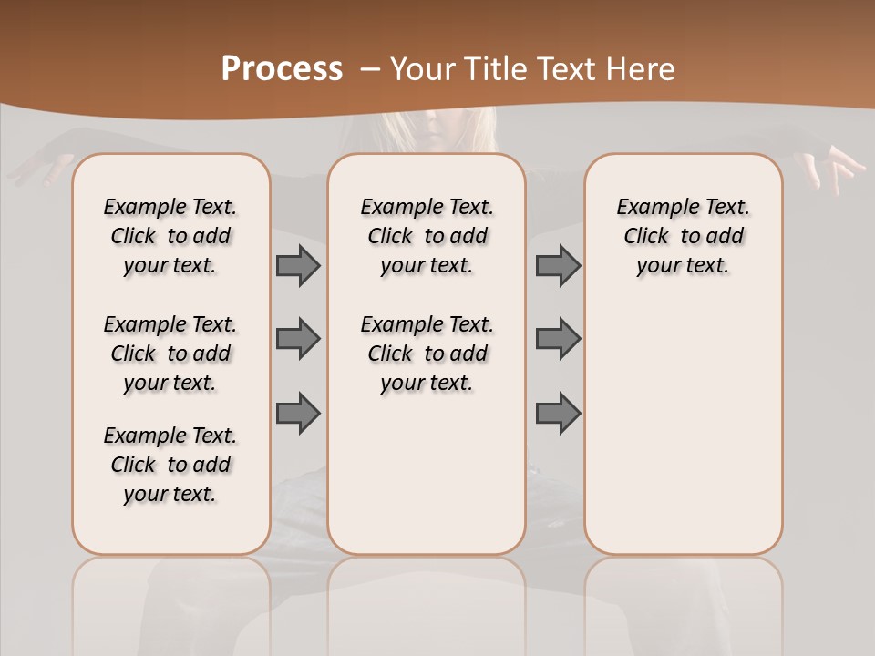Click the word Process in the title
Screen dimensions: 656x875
(282, 69)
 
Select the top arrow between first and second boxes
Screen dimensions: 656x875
(298, 265)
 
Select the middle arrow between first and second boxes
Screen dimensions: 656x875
(298, 339)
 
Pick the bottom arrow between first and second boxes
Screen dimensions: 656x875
(298, 413)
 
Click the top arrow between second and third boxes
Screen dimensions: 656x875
(558, 265)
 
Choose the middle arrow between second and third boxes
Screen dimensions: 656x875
(558, 339)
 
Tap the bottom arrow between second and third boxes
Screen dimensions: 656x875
(558, 413)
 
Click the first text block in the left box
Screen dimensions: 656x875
(170, 236)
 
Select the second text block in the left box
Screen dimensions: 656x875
(170, 354)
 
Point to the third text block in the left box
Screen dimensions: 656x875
(170, 465)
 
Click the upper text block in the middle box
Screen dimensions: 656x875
(427, 236)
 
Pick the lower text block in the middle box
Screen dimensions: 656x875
(427, 354)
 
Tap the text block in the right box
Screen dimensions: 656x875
(683, 236)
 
